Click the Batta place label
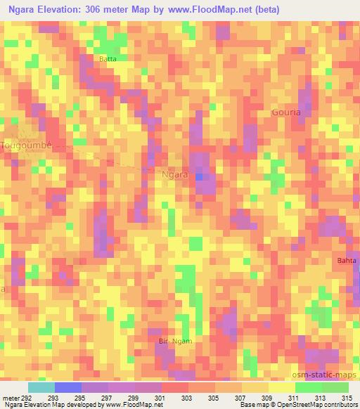tap(108, 59)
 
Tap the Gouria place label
tap(286, 112)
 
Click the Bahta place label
tap(347, 261)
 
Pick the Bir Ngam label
tap(175, 341)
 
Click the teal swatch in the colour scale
tap(41, 387)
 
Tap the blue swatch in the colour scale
tap(68, 387)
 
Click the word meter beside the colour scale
tap(11, 398)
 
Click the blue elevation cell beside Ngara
tap(200, 177)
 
